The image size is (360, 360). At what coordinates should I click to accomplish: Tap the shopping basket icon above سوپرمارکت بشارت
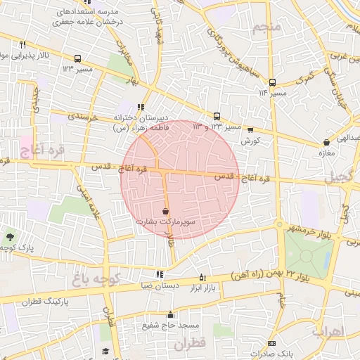pos(165,211)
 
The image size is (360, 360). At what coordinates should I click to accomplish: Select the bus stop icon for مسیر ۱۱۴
pos(272,82)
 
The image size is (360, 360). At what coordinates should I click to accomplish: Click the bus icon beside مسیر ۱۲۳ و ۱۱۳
pos(217,116)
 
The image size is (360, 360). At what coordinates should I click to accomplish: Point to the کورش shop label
pos(250,141)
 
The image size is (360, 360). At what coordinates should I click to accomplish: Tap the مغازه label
pos(325,153)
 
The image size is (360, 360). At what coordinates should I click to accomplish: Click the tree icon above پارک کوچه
pos(9,236)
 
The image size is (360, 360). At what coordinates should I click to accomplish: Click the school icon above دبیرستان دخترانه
pos(141,107)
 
